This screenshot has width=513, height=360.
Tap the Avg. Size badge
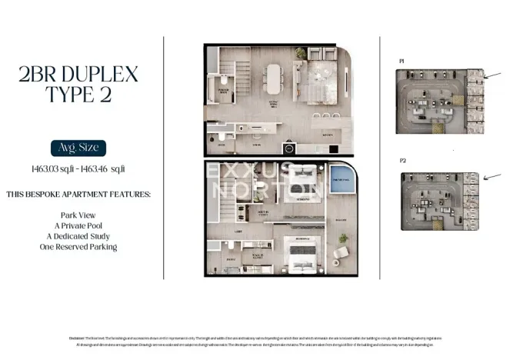[x=77, y=148]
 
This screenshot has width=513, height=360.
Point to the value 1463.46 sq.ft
[x=106, y=168]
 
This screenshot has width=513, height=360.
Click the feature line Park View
[x=78, y=215]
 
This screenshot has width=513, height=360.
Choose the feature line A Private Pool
[x=78, y=226]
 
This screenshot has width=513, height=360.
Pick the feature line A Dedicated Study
[x=78, y=237]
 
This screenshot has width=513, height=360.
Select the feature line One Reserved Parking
[x=78, y=248]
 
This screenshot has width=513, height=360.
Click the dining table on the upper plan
[x=273, y=78]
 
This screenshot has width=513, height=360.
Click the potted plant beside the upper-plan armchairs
[x=301, y=52]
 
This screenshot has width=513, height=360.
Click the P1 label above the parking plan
[x=401, y=60]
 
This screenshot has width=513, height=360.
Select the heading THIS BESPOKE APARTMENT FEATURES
[x=78, y=193]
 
